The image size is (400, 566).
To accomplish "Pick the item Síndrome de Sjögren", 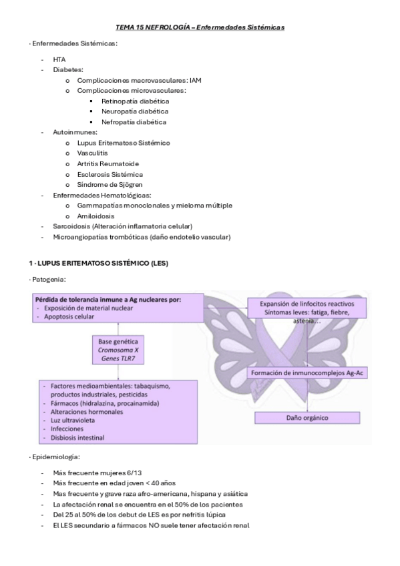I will (110, 184).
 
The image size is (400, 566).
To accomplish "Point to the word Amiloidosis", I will (95, 216).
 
